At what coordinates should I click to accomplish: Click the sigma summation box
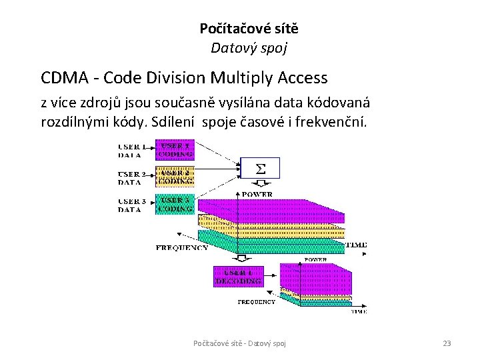click(x=261, y=169)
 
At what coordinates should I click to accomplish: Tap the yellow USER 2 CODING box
click(x=175, y=176)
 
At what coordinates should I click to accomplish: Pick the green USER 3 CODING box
click(x=175, y=203)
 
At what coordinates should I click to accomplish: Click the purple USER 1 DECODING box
click(x=237, y=277)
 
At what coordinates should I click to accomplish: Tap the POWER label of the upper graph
click(x=257, y=194)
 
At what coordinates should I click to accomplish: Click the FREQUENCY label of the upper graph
click(x=181, y=247)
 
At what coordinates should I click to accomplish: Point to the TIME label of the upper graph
click(x=357, y=245)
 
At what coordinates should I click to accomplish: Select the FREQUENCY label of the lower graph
click(x=257, y=301)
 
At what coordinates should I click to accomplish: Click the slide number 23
click(x=447, y=343)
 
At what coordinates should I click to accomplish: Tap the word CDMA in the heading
click(x=65, y=78)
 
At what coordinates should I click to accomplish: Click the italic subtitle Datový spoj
click(x=249, y=48)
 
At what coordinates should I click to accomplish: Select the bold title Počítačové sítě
click(x=249, y=29)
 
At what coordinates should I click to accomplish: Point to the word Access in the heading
click(x=301, y=78)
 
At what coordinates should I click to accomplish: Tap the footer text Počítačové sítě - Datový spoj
click(x=239, y=343)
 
